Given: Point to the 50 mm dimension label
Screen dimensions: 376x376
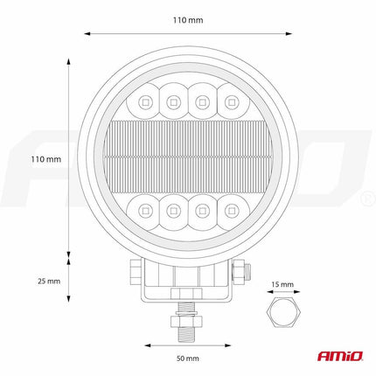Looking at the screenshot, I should (188, 359).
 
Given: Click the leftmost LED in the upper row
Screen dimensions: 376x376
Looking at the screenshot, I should (143, 104).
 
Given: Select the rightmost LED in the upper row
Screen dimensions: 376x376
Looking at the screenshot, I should (233, 104).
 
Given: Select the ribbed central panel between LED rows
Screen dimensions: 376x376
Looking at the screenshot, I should (188, 157).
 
